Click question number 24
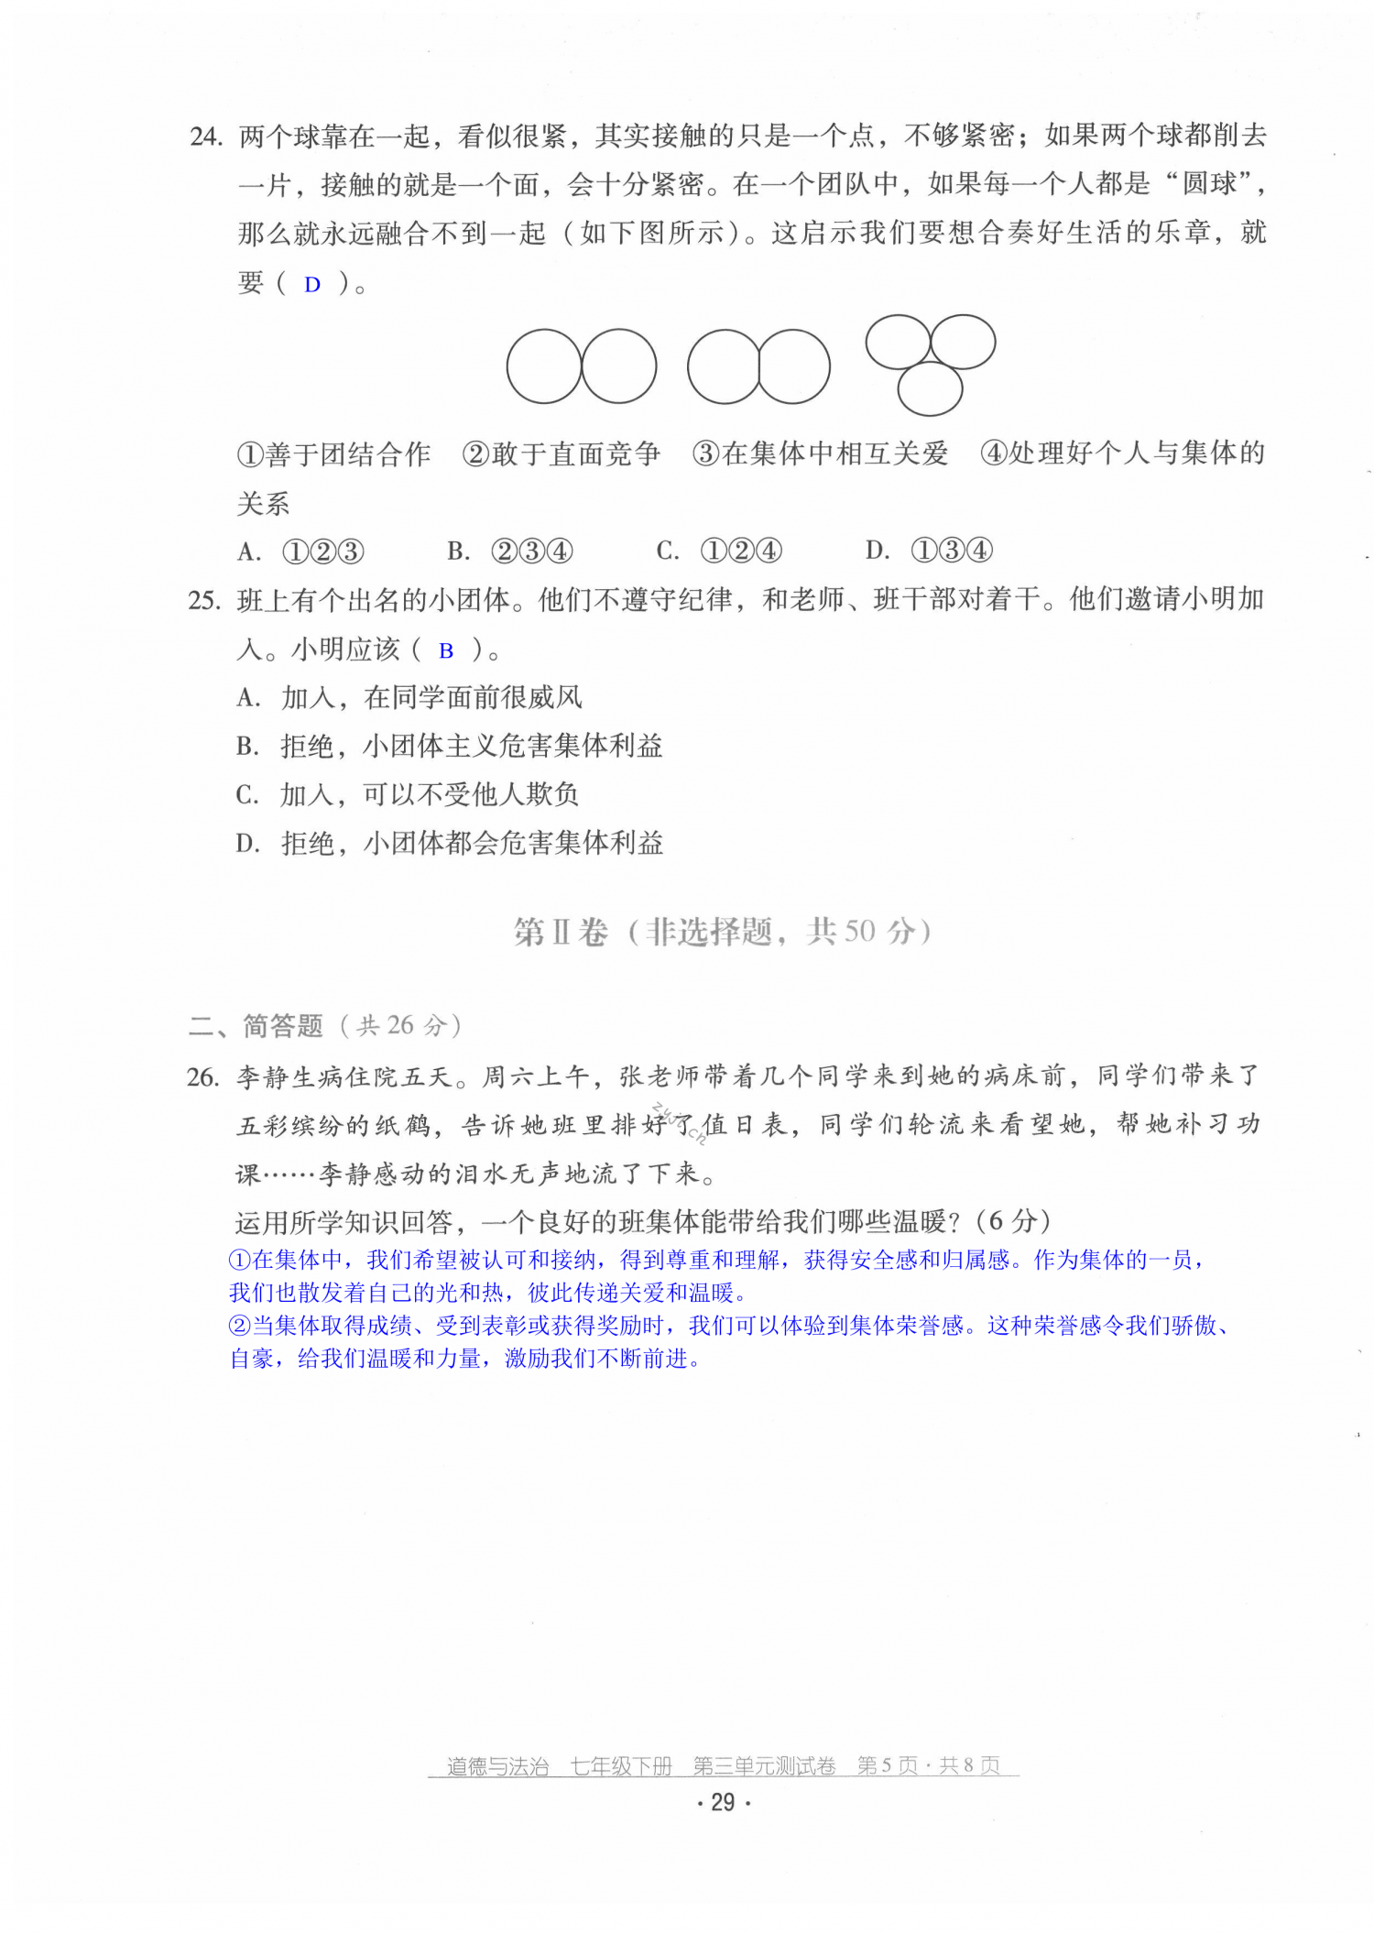(x=206, y=137)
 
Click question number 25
(x=204, y=601)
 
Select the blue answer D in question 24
(x=312, y=285)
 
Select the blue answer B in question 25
(x=446, y=651)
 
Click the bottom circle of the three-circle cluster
(x=930, y=388)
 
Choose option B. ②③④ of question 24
(x=509, y=552)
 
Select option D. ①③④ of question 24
(x=928, y=552)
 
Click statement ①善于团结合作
(x=333, y=454)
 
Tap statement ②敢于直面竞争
(x=562, y=454)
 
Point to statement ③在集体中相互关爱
(x=820, y=454)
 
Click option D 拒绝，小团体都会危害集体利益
(x=449, y=844)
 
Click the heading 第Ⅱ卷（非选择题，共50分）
(x=723, y=933)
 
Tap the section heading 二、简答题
(x=256, y=1026)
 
